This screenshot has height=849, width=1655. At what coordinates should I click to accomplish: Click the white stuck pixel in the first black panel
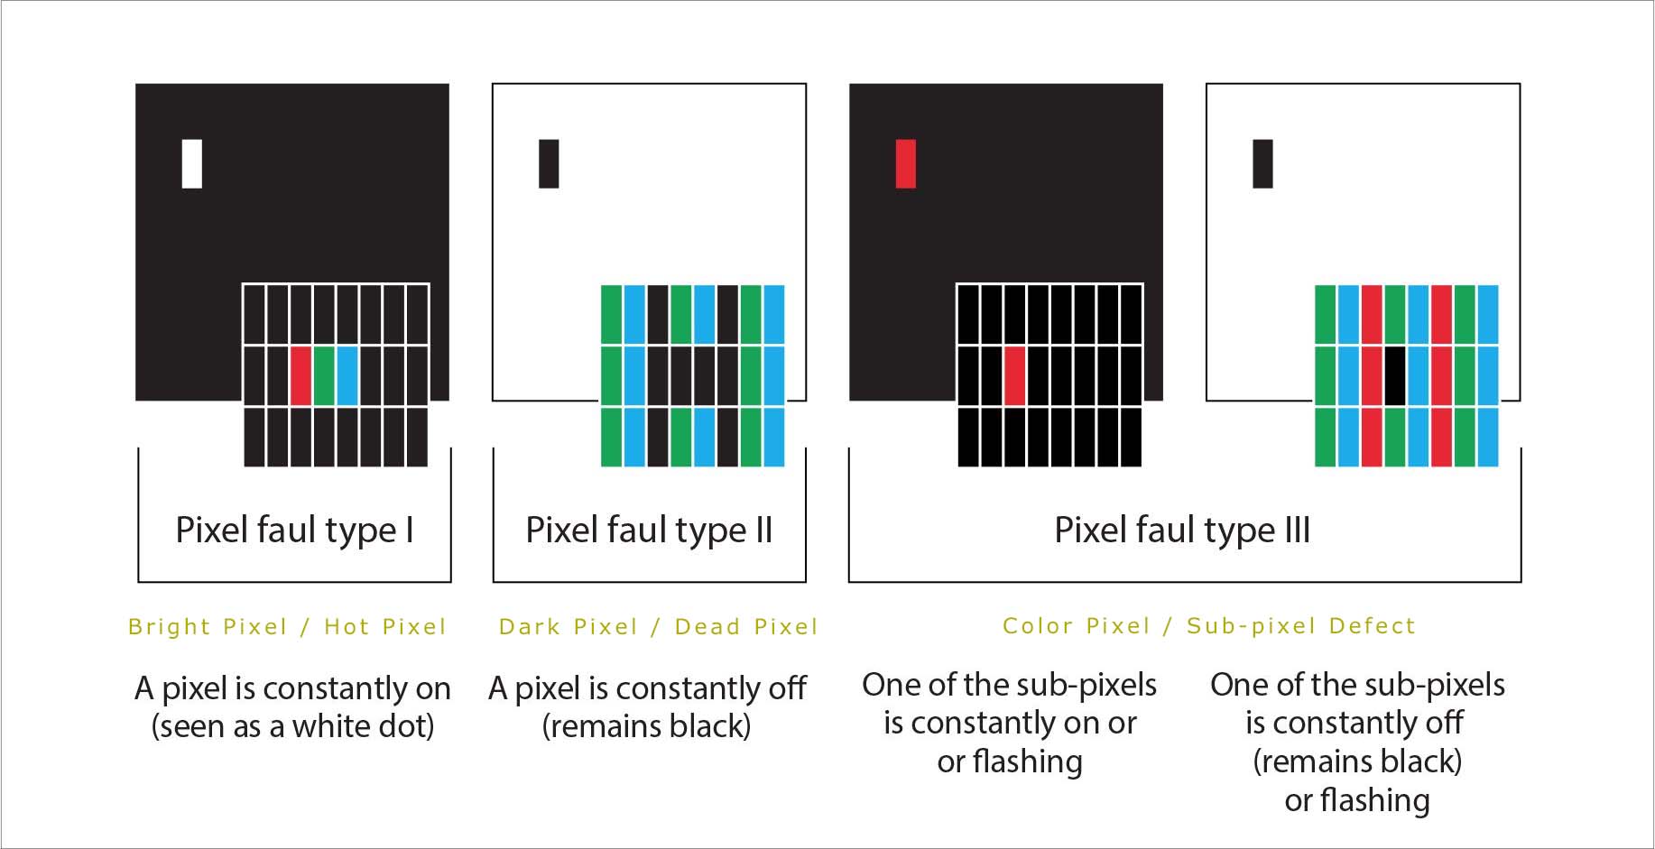tap(191, 163)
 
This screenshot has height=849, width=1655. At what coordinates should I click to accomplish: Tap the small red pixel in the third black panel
tap(905, 163)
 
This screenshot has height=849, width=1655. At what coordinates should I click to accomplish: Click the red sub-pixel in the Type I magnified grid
tap(301, 375)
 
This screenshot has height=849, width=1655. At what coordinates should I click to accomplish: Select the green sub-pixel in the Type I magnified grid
tap(324, 375)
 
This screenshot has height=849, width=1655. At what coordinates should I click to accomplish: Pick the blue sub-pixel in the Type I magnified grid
tap(347, 375)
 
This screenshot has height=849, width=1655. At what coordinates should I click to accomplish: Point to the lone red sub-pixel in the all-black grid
tap(1015, 375)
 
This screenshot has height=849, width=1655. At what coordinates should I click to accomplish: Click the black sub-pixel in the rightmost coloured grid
tap(1395, 375)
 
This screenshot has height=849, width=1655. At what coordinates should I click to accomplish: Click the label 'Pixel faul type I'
tap(294, 530)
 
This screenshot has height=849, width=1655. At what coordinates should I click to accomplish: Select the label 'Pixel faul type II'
tap(649, 530)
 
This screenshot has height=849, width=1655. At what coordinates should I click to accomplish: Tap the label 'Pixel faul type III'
tap(1182, 530)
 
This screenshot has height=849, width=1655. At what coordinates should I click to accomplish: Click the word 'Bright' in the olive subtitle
tap(168, 627)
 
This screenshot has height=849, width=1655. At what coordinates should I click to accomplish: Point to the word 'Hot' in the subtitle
tap(347, 627)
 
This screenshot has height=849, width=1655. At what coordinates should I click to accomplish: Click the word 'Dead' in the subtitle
tap(707, 627)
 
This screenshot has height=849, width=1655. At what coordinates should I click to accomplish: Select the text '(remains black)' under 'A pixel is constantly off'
tap(646, 726)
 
